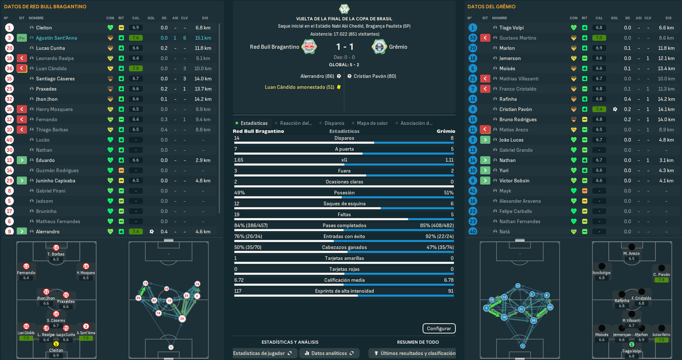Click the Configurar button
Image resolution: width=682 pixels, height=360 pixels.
coord(439,329)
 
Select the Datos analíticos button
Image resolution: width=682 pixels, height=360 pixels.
coord(329,353)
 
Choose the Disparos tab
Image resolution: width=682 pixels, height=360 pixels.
coord(334,123)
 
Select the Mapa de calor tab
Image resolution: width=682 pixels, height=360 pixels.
coord(372,123)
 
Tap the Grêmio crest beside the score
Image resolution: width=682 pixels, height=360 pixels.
coord(379,47)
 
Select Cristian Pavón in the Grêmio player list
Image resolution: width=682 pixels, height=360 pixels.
coord(515,109)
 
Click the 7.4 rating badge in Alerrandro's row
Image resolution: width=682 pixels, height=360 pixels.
coord(135,232)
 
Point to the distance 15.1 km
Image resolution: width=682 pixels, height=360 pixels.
coord(203,38)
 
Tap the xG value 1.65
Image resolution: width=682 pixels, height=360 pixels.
coord(239,160)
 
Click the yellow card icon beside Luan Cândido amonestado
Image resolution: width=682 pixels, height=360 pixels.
coord(339,87)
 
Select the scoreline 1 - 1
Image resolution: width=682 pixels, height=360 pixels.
coord(344,47)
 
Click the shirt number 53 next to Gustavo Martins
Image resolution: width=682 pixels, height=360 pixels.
coord(473,38)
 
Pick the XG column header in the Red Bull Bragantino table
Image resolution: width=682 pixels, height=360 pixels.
coord(164,18)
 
